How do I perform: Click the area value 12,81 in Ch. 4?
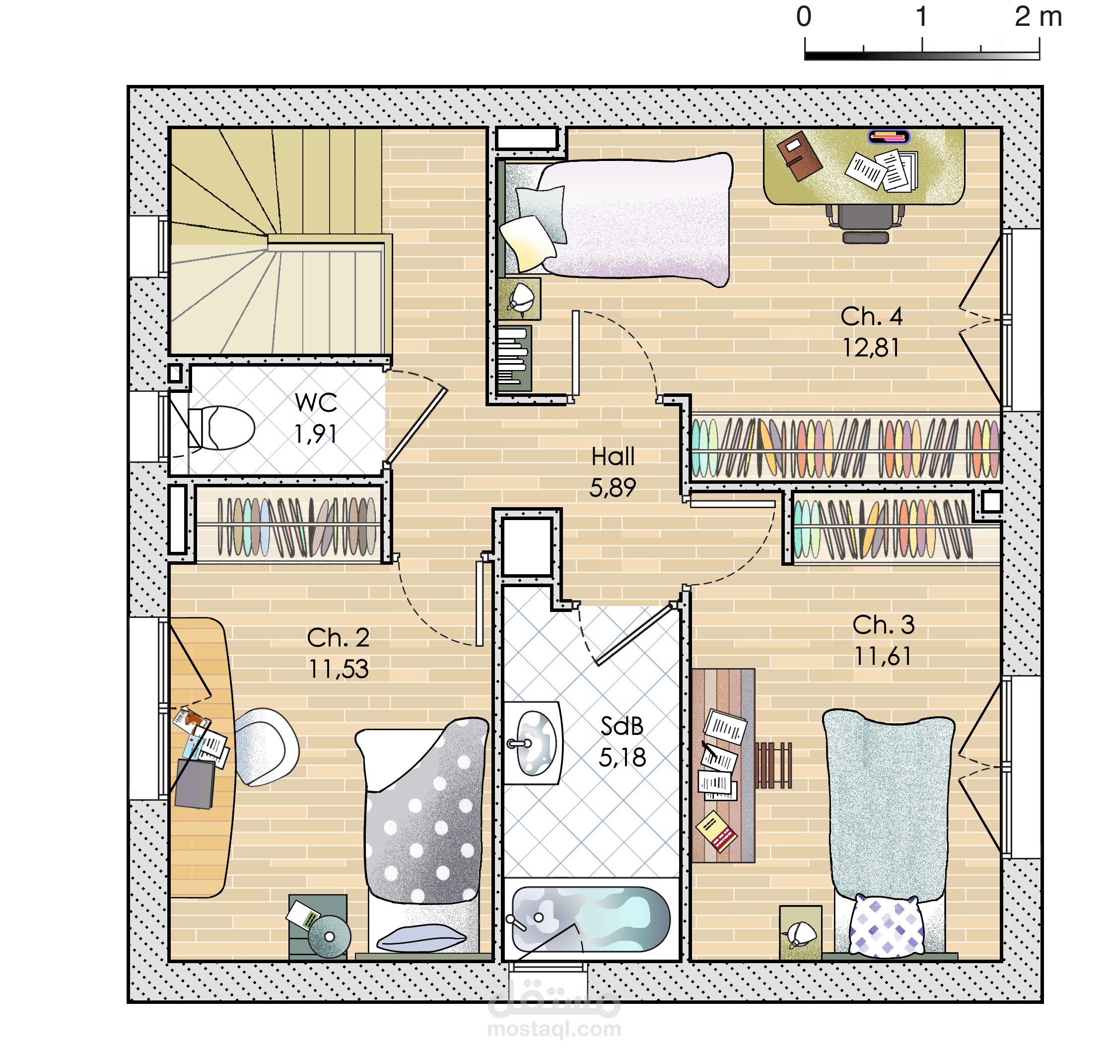871,348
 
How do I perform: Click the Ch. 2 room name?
339,638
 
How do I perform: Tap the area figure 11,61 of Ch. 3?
883,656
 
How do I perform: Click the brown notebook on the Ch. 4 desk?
799,155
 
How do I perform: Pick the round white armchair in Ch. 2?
266,747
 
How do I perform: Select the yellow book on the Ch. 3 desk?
716,831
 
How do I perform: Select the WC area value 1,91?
315,434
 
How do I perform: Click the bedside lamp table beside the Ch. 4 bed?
519,299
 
